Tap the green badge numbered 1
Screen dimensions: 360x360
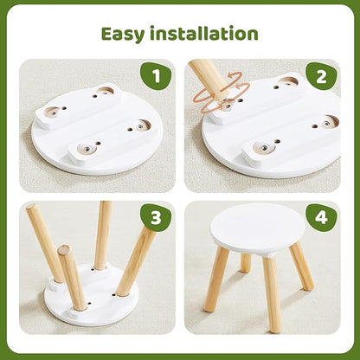[x=156, y=76]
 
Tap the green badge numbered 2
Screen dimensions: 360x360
[x=322, y=76]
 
